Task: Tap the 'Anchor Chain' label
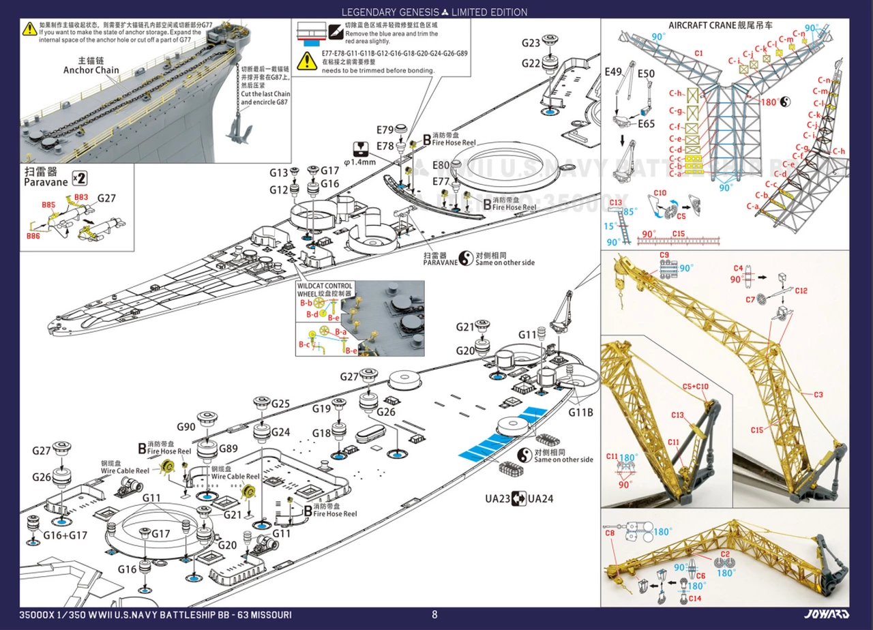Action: point(91,70)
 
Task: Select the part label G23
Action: point(531,43)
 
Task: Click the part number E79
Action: point(385,130)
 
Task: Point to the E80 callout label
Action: point(441,165)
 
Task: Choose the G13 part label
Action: point(279,172)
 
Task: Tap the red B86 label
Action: point(33,236)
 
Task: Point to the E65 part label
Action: point(647,124)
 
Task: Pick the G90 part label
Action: point(186,427)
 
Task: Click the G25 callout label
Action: point(281,404)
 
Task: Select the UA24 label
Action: point(540,498)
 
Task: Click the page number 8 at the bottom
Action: point(434,614)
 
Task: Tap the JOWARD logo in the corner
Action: point(831,614)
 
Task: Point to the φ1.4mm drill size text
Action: point(360,163)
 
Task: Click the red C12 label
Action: point(801,291)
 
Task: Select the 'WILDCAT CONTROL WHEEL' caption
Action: point(325,289)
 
